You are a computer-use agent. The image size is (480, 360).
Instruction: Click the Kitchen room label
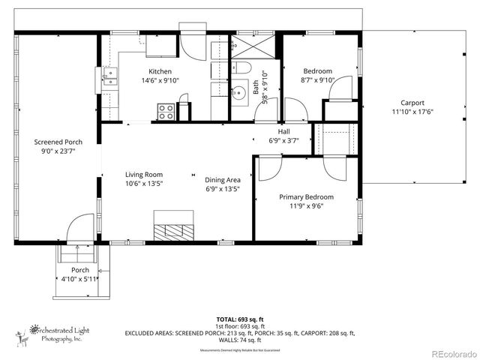[x=161, y=72]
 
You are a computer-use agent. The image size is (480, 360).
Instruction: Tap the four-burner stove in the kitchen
[x=166, y=112]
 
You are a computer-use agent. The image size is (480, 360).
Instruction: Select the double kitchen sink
[x=110, y=79]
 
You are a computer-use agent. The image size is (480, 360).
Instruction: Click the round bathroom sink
[x=239, y=94]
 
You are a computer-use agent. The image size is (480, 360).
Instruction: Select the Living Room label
[x=144, y=175]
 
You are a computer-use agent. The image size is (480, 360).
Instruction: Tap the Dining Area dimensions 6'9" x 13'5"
[x=222, y=189]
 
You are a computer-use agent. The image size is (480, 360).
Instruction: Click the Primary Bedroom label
[x=306, y=197]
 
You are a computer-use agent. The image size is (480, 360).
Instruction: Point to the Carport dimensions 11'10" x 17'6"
[x=412, y=112]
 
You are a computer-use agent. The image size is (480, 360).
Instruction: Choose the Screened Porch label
[x=58, y=142]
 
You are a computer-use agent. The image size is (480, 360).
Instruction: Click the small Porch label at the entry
[x=80, y=270]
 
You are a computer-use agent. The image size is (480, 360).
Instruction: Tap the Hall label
[x=283, y=130]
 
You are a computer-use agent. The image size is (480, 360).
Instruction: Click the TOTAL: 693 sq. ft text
[x=239, y=318]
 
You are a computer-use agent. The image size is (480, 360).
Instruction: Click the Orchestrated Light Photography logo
[x=56, y=333]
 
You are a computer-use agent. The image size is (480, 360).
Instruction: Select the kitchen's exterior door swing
[x=193, y=46]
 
